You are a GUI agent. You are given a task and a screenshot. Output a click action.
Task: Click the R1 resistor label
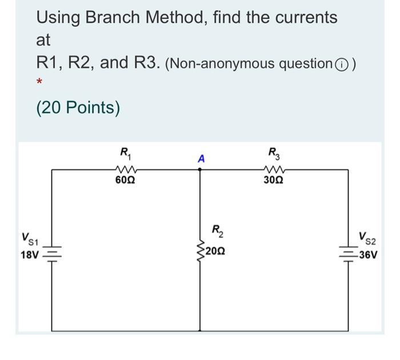125,153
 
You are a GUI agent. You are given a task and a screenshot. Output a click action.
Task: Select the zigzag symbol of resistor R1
124,169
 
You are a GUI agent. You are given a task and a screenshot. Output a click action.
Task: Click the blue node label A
200,159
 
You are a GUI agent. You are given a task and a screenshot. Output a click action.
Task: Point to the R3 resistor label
274,153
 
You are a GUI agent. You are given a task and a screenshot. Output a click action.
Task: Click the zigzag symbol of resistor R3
274,169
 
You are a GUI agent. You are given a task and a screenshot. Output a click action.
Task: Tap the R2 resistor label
218,232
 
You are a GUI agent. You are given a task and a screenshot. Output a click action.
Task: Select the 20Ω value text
218,250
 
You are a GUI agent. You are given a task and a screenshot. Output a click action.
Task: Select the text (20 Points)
78,107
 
